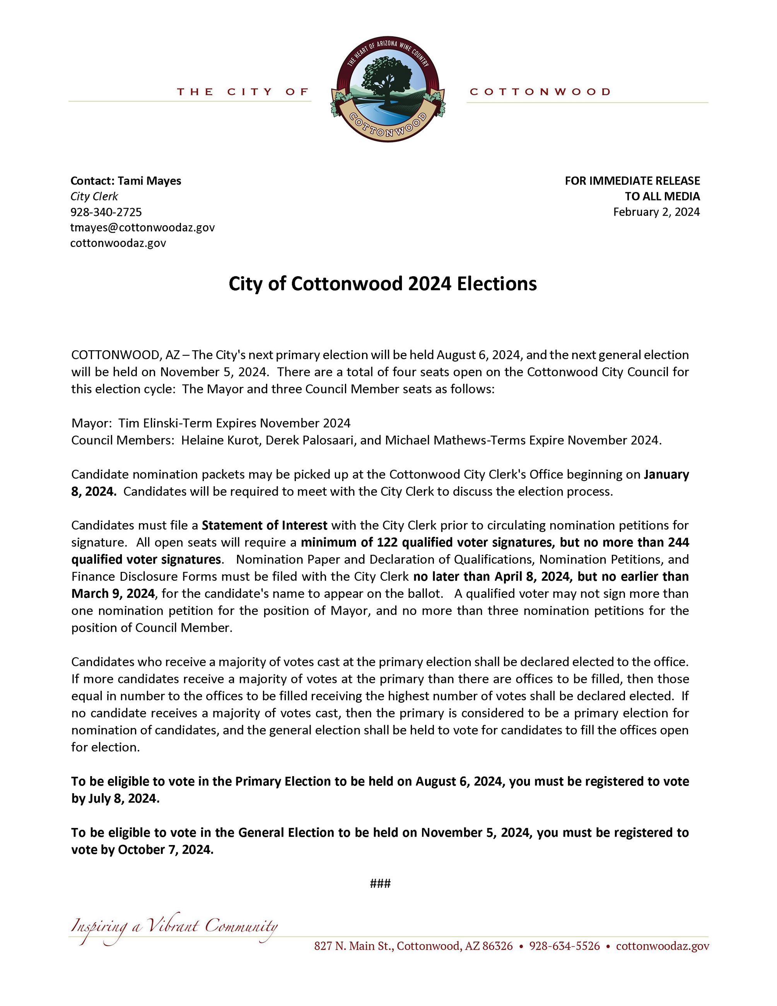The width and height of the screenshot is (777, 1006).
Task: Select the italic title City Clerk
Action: coord(94,196)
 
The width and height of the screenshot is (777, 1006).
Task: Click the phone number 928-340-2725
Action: coord(106,212)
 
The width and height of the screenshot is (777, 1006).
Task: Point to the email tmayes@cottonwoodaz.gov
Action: coord(142,228)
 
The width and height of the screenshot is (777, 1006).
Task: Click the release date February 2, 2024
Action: coord(656,212)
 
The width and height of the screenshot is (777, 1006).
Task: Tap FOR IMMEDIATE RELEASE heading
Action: coord(632,181)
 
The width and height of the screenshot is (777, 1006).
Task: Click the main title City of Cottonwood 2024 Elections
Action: coord(383,284)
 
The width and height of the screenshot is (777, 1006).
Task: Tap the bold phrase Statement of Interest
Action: coord(264,525)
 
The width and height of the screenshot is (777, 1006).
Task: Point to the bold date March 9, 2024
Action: coord(113,593)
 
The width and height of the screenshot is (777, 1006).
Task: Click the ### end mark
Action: coord(380,883)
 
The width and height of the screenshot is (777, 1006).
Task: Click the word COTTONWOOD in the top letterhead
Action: coord(540,92)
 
